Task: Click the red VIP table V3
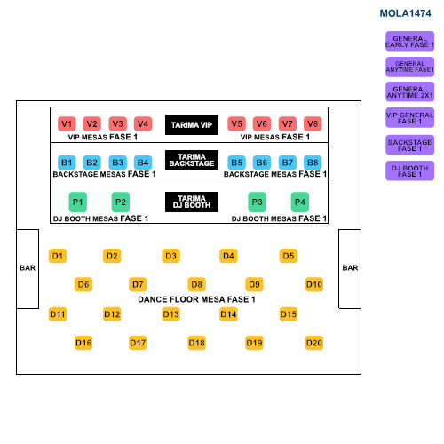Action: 117,123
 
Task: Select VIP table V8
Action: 313,123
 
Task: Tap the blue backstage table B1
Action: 67,163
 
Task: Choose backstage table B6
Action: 262,163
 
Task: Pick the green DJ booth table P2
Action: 121,202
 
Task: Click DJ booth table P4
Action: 300,202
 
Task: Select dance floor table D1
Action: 58,256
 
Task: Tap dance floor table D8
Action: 196,284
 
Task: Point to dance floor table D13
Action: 170,314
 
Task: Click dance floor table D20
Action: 314,343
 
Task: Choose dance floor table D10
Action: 314,284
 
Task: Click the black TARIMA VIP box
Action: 192,124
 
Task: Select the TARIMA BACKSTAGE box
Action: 192,160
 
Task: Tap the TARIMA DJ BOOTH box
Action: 192,202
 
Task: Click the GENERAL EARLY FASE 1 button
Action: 409,41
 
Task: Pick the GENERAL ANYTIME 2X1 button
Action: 409,91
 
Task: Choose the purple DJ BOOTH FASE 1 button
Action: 409,170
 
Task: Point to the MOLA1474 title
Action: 405,13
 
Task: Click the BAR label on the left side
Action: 28,268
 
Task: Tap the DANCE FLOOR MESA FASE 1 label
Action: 196,299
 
